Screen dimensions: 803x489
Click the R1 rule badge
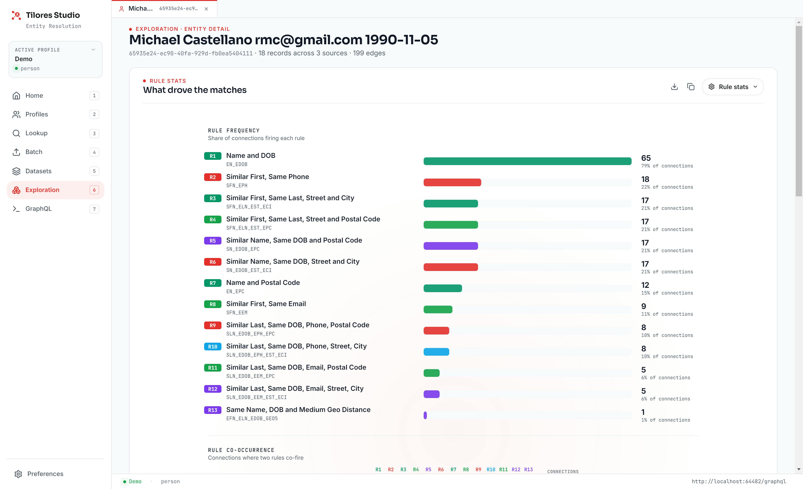click(x=213, y=156)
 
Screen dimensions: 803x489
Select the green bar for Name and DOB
click(x=527, y=161)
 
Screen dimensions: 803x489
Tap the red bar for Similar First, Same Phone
click(x=452, y=182)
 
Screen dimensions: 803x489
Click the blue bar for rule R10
click(x=436, y=352)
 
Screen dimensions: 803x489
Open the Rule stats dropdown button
click(x=733, y=87)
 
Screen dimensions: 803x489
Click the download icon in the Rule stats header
click(x=674, y=87)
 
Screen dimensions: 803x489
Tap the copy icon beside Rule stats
click(x=691, y=87)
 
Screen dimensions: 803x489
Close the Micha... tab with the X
click(x=206, y=9)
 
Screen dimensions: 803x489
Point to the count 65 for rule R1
click(x=646, y=158)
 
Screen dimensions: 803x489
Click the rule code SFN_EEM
click(x=237, y=312)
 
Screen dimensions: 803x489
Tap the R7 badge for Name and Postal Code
click(x=213, y=283)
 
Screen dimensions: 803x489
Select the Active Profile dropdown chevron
click(x=93, y=50)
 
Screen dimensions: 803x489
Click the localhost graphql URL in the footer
click(x=739, y=482)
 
